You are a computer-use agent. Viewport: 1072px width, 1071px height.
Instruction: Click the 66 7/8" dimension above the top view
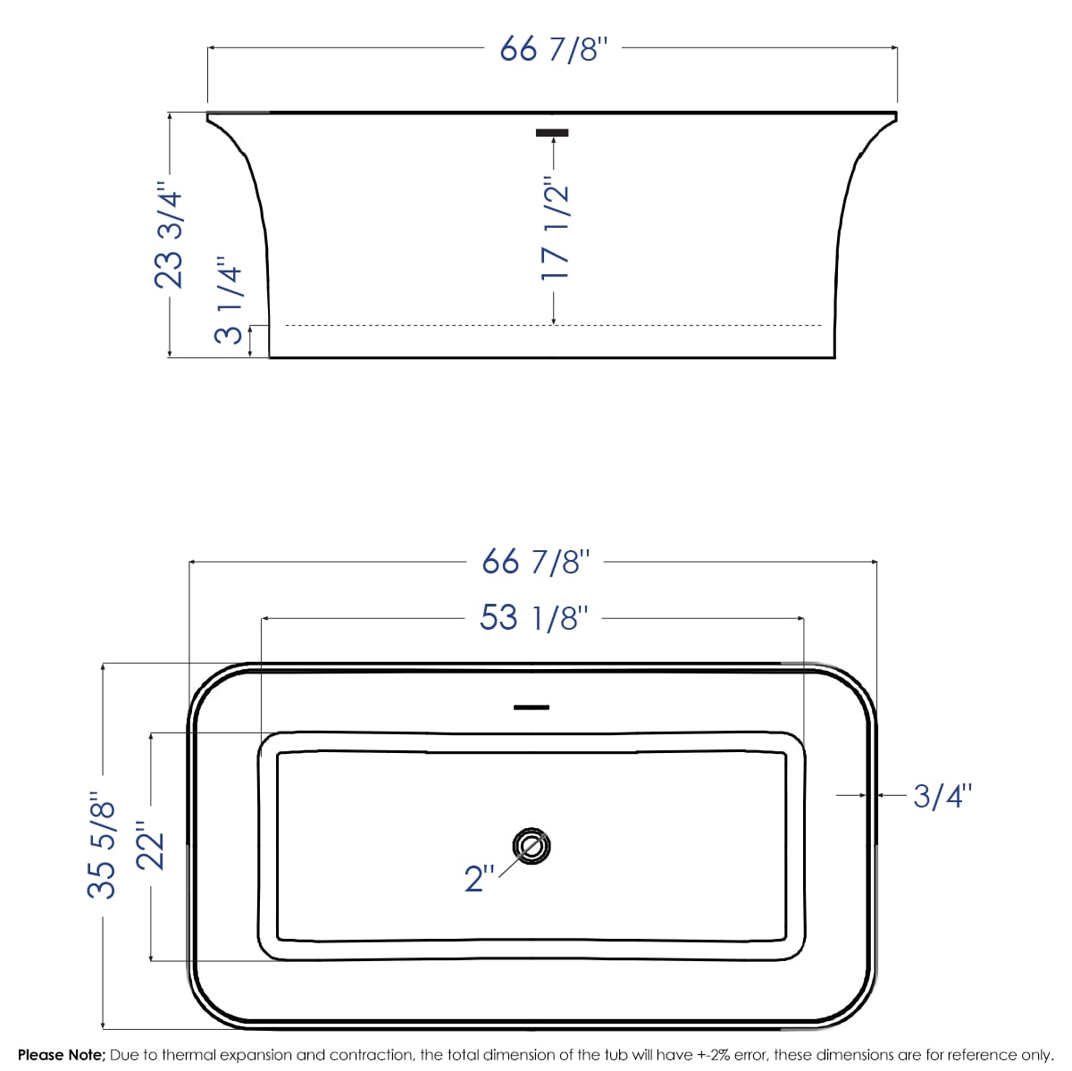[x=535, y=563]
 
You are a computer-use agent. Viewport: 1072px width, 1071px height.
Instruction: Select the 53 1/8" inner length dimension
[x=533, y=617]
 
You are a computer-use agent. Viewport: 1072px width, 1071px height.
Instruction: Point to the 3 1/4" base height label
[x=229, y=305]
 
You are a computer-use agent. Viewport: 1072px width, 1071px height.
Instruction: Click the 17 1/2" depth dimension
[x=555, y=232]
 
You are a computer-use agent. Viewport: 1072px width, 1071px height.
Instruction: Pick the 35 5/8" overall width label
[x=102, y=849]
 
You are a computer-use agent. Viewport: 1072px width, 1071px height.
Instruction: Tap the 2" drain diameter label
[x=480, y=878]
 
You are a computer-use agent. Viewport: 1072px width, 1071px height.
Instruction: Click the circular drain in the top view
[x=532, y=846]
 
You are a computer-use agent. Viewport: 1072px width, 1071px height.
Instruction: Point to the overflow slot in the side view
[x=552, y=133]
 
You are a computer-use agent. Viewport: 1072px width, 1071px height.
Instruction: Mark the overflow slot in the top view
[x=532, y=707]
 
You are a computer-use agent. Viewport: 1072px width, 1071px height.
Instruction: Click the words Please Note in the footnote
[x=61, y=1056]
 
